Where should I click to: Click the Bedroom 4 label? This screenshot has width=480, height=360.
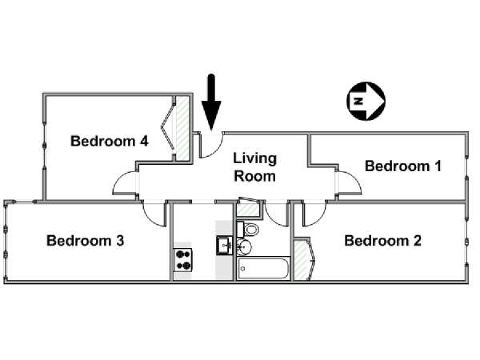click(110, 141)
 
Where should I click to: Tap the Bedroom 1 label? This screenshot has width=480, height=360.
click(403, 166)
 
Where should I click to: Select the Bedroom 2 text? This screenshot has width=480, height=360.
click(383, 241)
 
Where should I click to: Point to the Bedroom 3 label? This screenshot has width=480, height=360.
click(86, 241)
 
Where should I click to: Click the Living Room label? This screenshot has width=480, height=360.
click(254, 167)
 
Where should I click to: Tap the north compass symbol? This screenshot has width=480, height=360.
click(366, 101)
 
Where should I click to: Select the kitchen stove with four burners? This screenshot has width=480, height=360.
click(182, 260)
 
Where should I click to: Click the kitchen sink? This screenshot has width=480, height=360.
click(225, 246)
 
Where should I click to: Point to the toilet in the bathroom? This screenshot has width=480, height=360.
click(248, 230)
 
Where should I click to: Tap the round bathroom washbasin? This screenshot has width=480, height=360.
click(244, 246)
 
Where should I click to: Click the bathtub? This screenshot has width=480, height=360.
click(263, 268)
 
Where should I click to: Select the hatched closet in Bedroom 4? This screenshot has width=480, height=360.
click(182, 128)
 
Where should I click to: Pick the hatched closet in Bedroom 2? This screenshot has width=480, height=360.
click(301, 260)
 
